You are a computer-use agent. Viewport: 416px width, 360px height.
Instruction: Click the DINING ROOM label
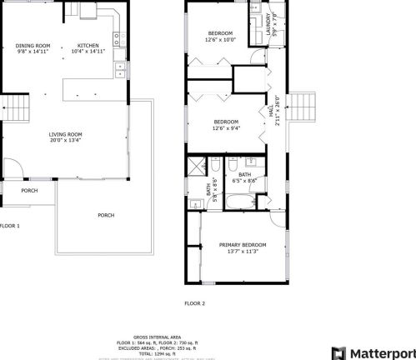(x=33, y=45)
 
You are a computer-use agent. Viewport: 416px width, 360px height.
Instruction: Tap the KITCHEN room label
(x=88, y=45)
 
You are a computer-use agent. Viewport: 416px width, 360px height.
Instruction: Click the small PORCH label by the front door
(x=29, y=190)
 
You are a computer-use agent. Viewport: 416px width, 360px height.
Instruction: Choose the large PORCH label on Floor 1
(x=106, y=215)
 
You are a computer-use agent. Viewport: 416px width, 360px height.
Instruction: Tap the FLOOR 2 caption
(x=194, y=303)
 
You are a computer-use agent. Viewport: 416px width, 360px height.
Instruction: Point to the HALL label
(x=272, y=109)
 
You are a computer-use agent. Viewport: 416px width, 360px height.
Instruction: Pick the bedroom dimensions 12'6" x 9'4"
(x=227, y=128)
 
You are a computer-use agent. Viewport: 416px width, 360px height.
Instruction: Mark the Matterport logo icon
(x=338, y=352)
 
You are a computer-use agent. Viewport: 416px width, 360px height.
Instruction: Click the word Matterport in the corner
(x=382, y=352)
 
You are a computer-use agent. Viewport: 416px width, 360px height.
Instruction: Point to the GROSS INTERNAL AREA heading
(x=158, y=336)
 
